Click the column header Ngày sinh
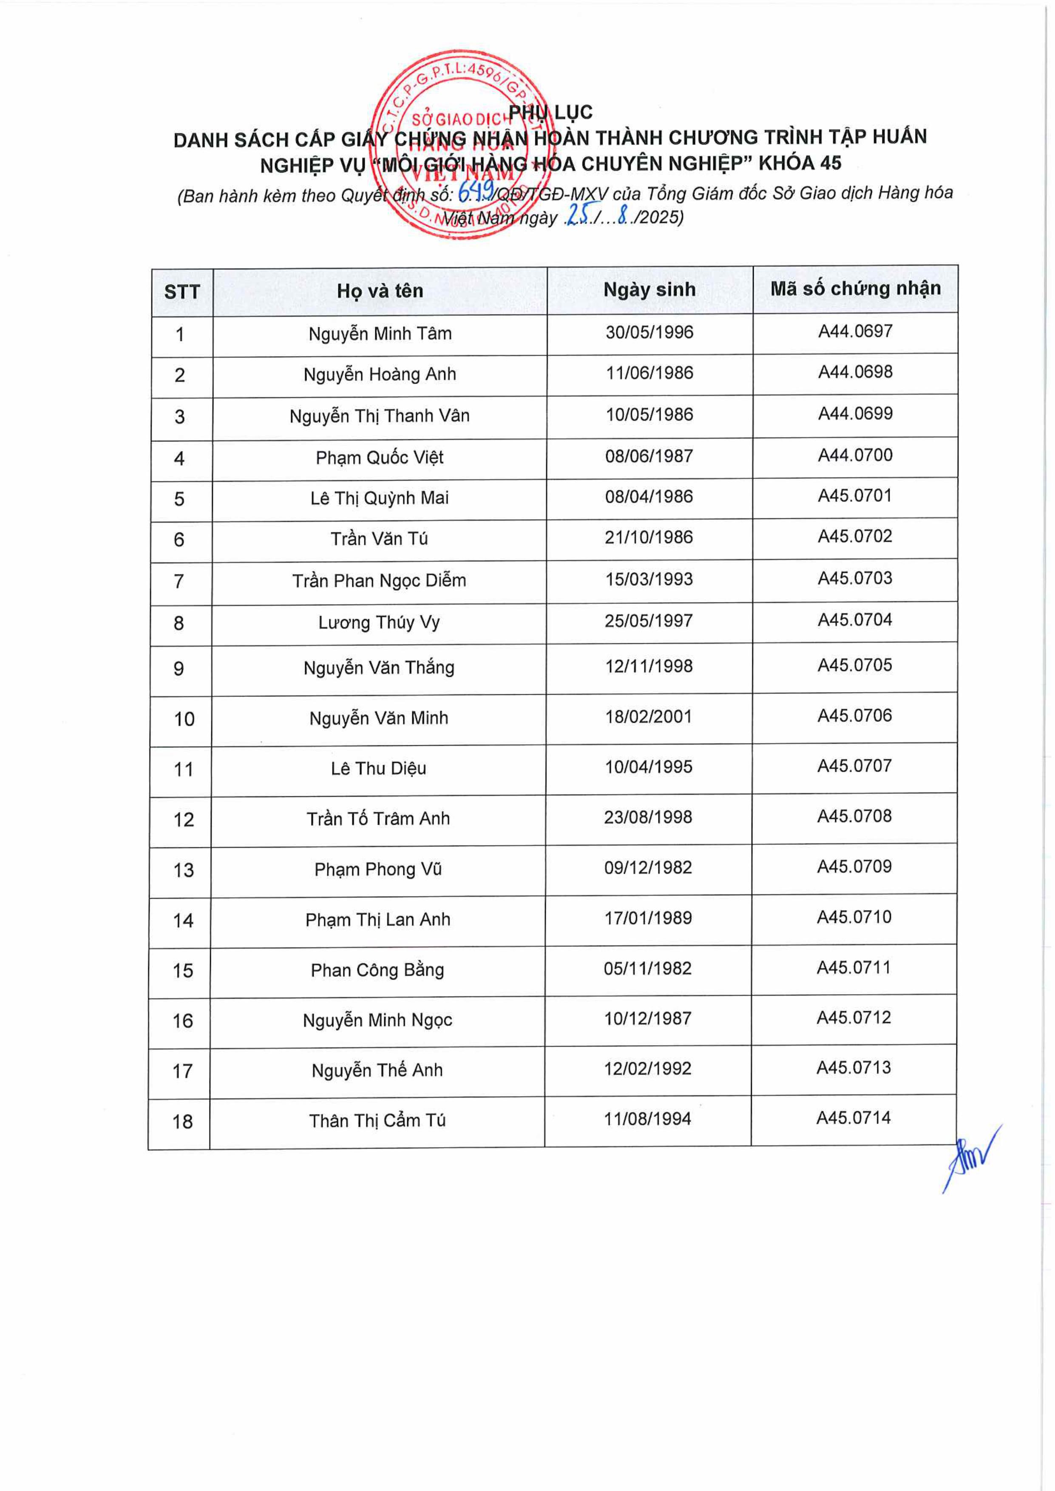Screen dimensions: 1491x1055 [x=649, y=290]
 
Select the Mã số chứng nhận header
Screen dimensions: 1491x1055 [x=855, y=289]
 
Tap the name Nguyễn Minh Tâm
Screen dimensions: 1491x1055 [x=380, y=334]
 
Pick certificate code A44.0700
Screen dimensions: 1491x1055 [x=854, y=455]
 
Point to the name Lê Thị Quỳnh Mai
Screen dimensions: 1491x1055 [x=380, y=498]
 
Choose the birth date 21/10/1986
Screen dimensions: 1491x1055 [x=648, y=537]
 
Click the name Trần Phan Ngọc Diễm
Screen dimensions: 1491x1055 [x=379, y=580]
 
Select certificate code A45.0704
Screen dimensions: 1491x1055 [x=854, y=620]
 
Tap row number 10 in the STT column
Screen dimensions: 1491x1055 [x=184, y=719]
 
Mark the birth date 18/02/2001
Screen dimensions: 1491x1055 [x=648, y=717]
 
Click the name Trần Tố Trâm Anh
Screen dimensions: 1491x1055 [x=378, y=818]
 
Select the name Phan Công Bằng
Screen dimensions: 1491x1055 [x=377, y=970]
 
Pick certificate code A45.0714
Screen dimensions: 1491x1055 [x=853, y=1118]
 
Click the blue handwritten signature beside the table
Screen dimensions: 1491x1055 [x=970, y=1160]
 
